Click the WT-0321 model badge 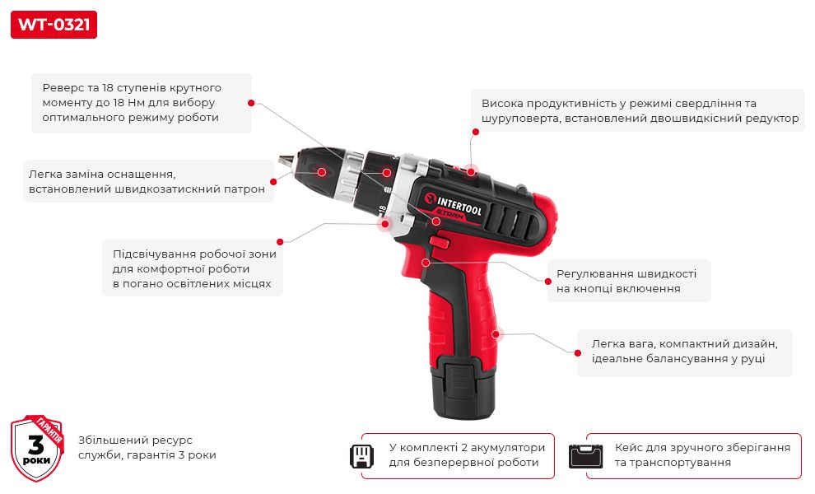[x=54, y=25]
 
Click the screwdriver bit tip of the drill [x=282, y=161]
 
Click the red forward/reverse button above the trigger [x=440, y=242]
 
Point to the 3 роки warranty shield [x=37, y=448]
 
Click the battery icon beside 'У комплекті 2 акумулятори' [x=361, y=456]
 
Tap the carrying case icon [x=586, y=456]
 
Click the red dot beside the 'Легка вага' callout [x=577, y=353]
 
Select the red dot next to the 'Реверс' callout [x=251, y=103]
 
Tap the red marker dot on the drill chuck [x=322, y=171]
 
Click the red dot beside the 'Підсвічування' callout [x=280, y=242]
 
